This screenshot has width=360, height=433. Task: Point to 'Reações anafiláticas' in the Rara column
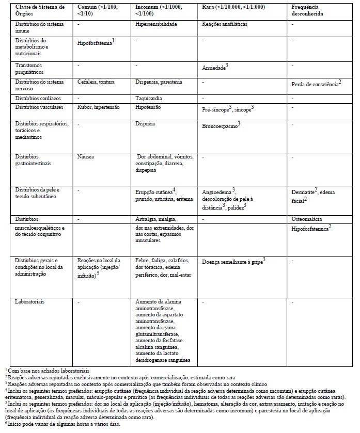coord(225,24)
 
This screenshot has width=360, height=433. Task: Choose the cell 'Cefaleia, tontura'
coord(96,82)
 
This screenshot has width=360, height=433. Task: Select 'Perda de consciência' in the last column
coord(315,83)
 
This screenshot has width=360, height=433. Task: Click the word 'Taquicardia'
coord(149,97)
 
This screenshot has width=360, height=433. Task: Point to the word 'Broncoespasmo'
coord(220,125)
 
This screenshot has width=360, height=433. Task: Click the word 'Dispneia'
coord(145,124)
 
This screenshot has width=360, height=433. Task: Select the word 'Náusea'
coord(86,155)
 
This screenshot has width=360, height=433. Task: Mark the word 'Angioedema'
coord(217,190)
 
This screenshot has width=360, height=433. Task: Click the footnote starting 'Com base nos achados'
coord(48,370)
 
